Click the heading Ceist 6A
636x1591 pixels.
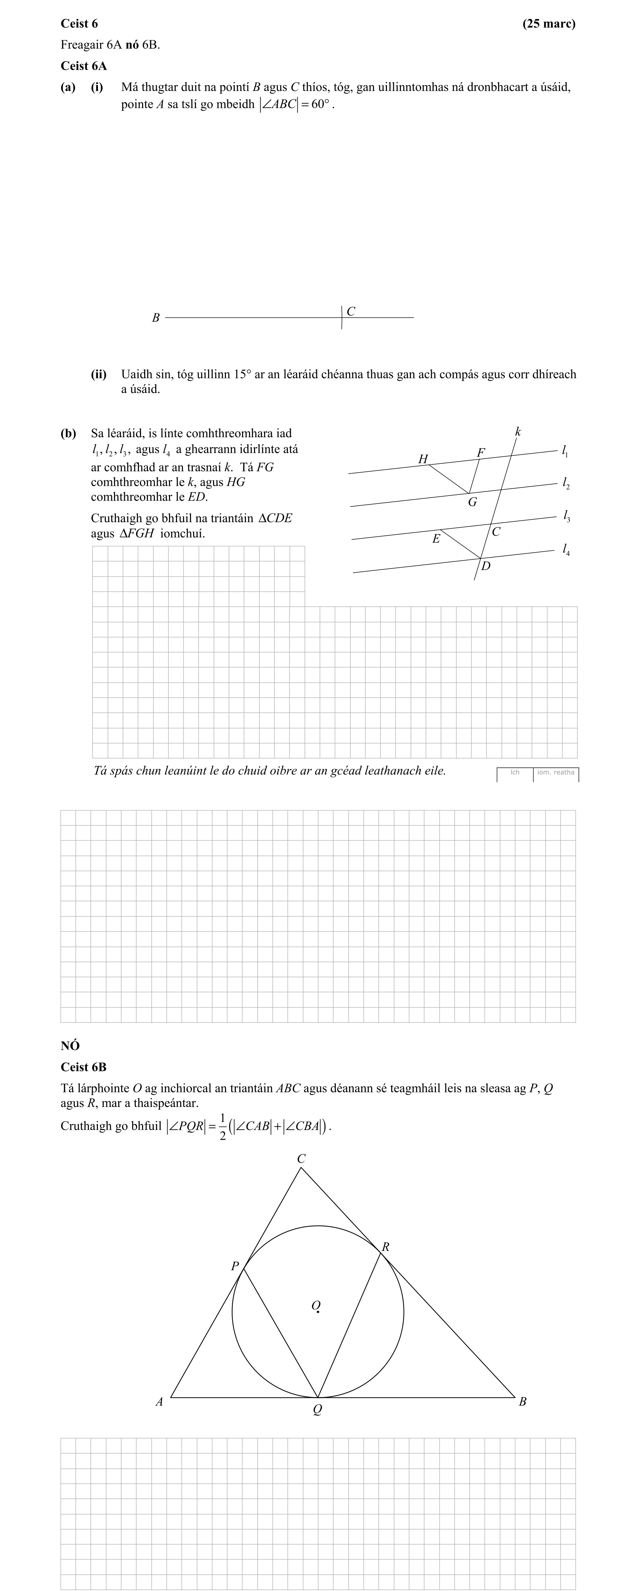[83, 66]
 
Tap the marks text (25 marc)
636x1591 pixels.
[548, 23]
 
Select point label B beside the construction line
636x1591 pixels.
[156, 318]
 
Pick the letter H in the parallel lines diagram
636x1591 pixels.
[423, 459]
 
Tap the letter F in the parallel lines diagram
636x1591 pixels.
[480, 453]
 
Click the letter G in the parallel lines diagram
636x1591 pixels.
[472, 502]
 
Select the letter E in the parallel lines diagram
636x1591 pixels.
[436, 539]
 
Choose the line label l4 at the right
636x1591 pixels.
[566, 549]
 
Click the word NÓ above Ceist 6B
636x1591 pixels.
[70, 1046]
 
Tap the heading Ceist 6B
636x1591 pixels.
[83, 1067]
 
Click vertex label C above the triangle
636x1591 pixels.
[301, 1159]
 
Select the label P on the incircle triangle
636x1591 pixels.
[235, 1266]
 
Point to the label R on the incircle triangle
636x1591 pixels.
[385, 1246]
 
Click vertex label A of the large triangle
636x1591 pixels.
[159, 1401]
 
